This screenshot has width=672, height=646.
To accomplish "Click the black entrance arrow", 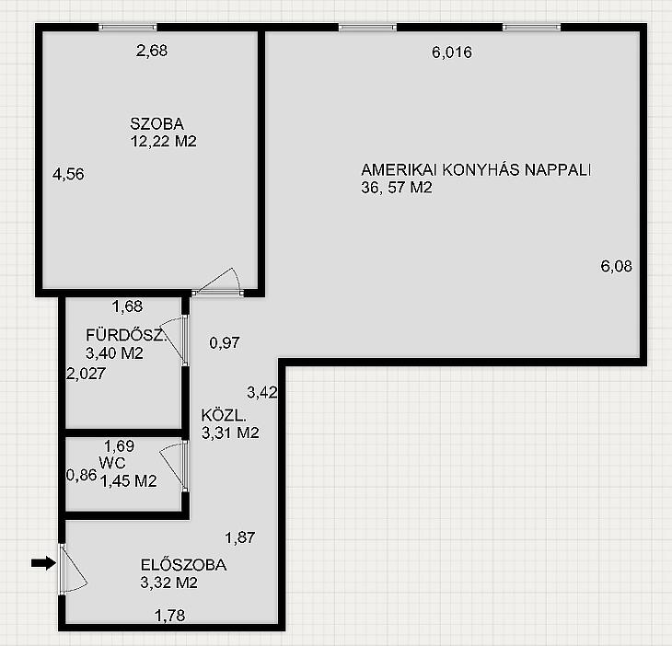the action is (x=43, y=563).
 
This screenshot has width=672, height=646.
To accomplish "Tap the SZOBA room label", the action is (x=156, y=124).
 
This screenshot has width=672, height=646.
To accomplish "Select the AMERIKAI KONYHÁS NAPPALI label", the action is (x=476, y=169).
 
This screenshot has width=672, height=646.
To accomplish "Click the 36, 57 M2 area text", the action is (x=397, y=188).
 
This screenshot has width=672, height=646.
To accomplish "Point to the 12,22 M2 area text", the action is (x=163, y=141).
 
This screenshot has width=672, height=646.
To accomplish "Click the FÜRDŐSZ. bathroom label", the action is (x=126, y=335).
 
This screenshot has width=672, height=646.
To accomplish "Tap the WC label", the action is (x=112, y=463).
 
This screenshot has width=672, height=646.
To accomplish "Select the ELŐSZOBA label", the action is (x=183, y=565).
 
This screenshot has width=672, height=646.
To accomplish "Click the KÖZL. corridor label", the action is (x=224, y=415).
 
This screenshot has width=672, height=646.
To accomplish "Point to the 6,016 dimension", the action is (x=452, y=52).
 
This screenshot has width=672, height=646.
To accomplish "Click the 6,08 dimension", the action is (x=616, y=266).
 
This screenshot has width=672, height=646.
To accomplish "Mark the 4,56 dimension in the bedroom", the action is (x=68, y=174).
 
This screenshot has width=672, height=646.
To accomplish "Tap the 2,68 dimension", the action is (x=152, y=51).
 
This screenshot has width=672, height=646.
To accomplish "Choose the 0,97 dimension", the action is (x=225, y=342).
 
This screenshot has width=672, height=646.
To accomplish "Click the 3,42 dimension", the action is (x=262, y=392).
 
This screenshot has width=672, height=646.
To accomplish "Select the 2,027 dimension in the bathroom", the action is (x=86, y=374).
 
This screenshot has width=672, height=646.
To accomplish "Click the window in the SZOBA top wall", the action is (x=128, y=28).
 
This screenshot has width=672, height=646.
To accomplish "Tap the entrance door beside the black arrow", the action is (x=63, y=569).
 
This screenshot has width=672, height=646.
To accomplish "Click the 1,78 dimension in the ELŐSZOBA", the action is (x=169, y=616).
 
